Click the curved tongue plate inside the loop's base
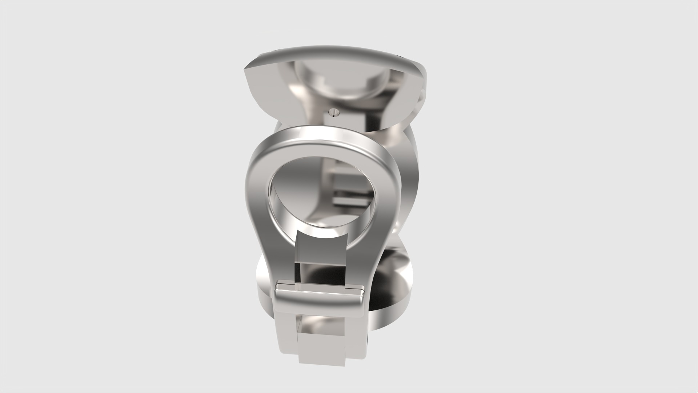[x=320, y=247]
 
